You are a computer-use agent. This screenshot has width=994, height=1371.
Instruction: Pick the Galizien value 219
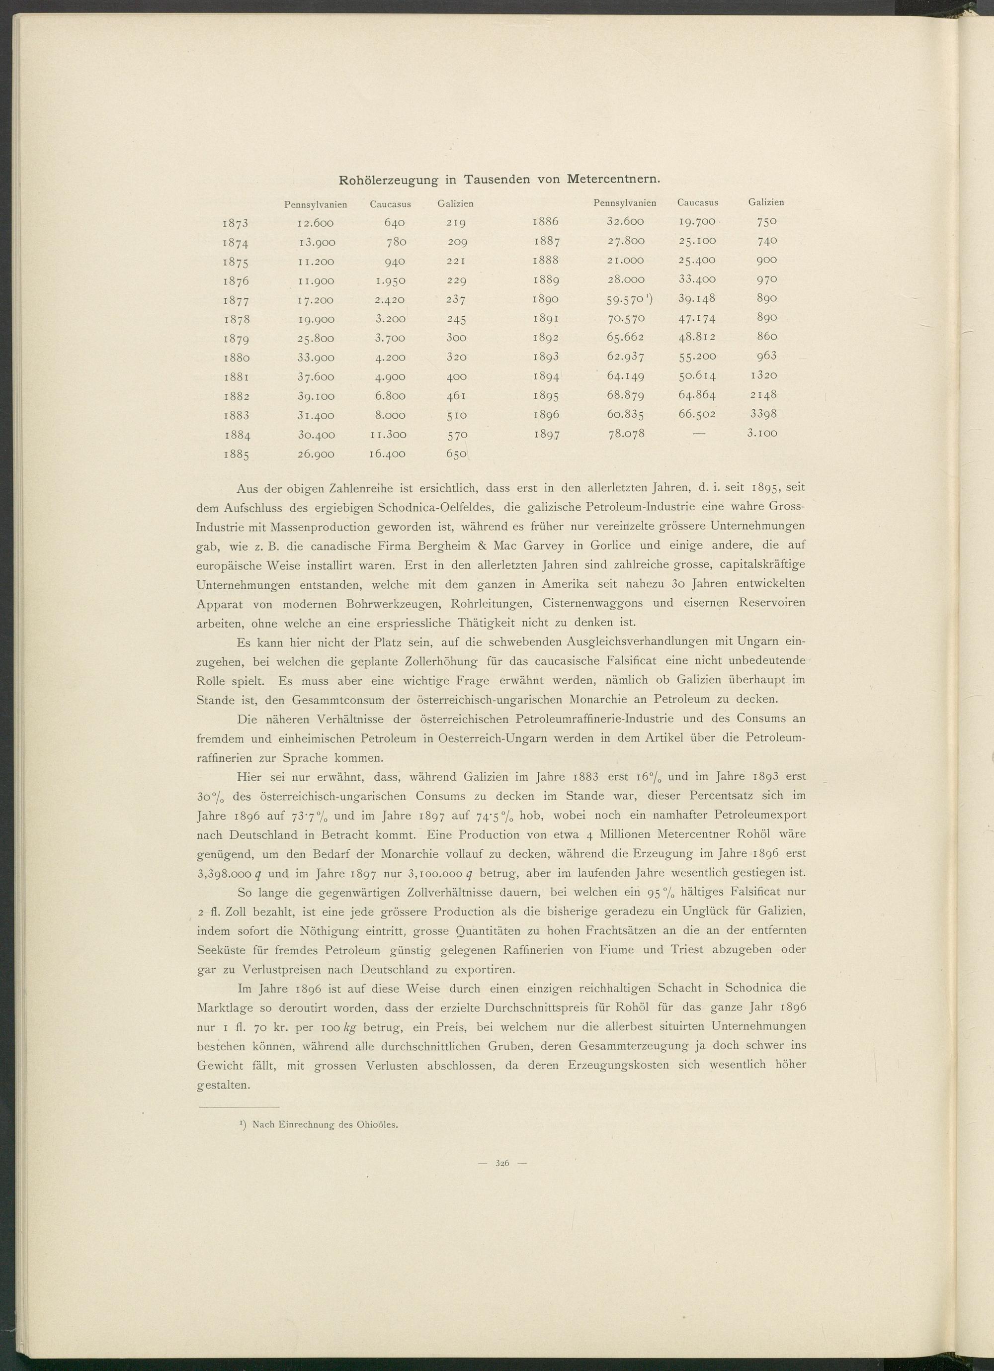[x=455, y=224]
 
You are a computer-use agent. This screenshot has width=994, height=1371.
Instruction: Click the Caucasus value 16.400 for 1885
[x=387, y=454]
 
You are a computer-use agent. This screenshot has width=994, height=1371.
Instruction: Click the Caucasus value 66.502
[x=697, y=414]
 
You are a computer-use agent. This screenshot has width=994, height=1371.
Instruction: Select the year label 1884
[x=238, y=435]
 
